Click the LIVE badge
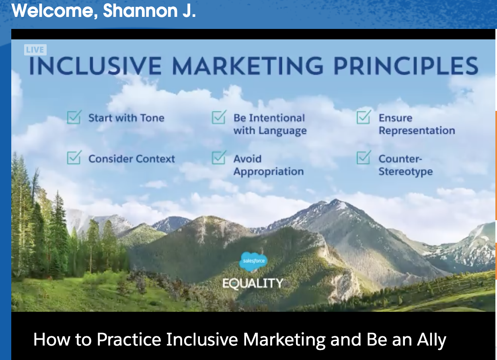[35, 50]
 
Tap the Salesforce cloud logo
[253, 262]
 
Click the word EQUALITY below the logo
[253, 284]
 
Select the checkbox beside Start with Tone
[74, 117]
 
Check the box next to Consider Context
[74, 157]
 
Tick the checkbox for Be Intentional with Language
[219, 117]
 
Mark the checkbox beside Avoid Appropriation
[219, 157]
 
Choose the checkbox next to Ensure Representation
[364, 117]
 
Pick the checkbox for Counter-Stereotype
[364, 157]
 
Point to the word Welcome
[54, 11]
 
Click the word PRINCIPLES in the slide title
[406, 66]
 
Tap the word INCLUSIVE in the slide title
[95, 66]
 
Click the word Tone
[152, 118]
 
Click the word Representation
[417, 131]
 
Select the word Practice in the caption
[129, 340]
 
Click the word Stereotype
[406, 172]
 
